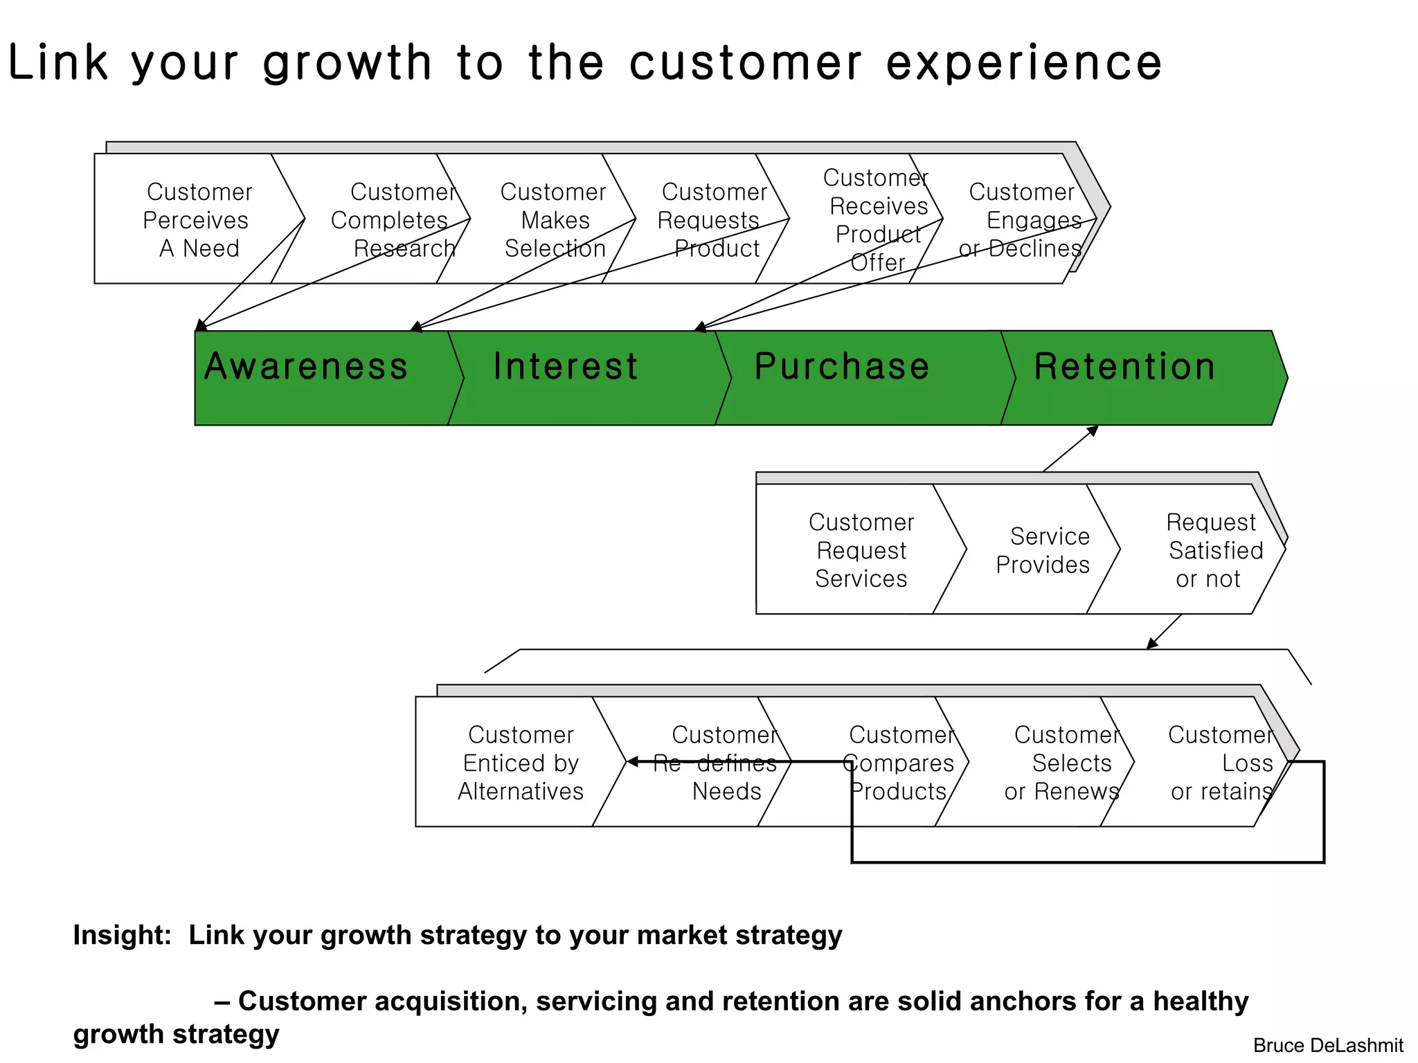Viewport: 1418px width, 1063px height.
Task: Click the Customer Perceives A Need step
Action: [x=197, y=219]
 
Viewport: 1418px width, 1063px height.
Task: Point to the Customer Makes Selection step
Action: [x=554, y=219]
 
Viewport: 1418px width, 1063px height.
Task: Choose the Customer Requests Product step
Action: [x=710, y=219]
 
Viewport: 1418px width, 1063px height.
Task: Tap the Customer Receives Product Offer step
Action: [x=876, y=219]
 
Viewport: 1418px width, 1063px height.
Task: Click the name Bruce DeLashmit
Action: [x=1327, y=1045]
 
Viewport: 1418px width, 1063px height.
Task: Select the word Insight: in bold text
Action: [x=122, y=935]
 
